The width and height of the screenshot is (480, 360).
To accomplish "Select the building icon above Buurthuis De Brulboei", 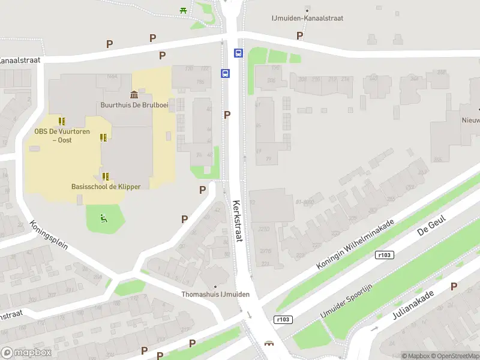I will coord(133,94).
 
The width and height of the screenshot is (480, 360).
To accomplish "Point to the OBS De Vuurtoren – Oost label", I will coord(53,135).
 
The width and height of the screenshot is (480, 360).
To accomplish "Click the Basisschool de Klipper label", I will coord(106,187).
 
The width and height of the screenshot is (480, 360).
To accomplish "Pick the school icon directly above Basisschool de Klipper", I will coord(106,176).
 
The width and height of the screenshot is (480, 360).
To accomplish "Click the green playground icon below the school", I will coord(104,218).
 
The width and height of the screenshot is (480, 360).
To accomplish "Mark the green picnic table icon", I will coord(183,10).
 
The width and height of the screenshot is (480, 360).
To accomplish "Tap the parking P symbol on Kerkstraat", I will coord(227,115).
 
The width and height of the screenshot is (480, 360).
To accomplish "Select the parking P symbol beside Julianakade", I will coord(454,287).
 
